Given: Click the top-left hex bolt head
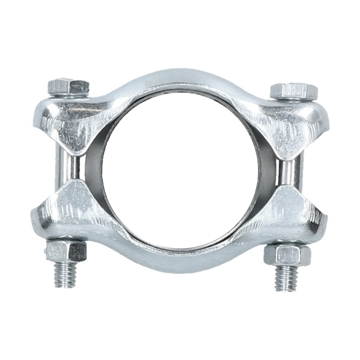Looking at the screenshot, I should coord(68,87).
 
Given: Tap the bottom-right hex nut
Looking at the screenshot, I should coord(286,254).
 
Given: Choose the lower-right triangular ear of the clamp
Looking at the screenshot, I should coord(288,210).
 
